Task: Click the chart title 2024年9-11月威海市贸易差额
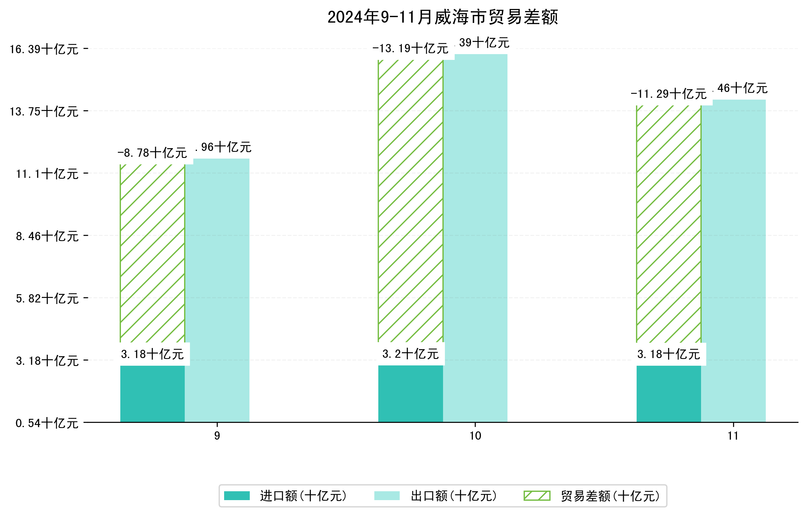[x=442, y=17]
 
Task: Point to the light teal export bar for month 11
[x=733, y=262]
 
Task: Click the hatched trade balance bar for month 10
[x=411, y=201]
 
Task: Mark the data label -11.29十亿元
[x=669, y=94]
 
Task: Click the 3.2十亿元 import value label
[x=411, y=354]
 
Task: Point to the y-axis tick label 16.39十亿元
[x=44, y=49]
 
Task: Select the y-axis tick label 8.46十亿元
[x=47, y=236]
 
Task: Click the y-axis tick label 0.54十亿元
[x=47, y=423]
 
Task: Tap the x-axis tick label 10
[x=475, y=436]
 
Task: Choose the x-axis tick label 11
[x=733, y=436]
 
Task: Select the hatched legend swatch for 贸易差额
[x=537, y=496]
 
